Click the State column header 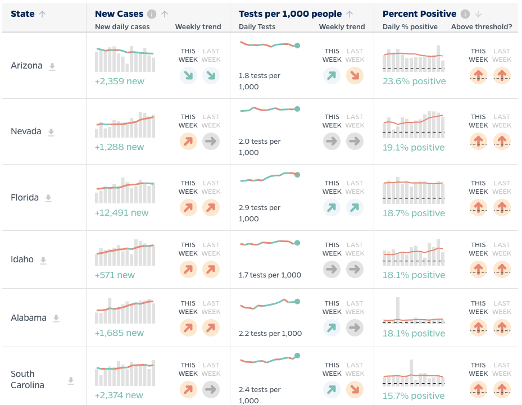click(x=22, y=14)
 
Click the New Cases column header click(x=119, y=14)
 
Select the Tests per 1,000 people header click(x=290, y=14)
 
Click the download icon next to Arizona click(x=52, y=66)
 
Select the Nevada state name click(x=26, y=131)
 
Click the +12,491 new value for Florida click(x=122, y=213)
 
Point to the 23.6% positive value click(x=414, y=81)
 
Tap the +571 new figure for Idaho click(x=115, y=275)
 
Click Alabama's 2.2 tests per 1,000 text click(x=270, y=333)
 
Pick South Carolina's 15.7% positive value click(x=414, y=396)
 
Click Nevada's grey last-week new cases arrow click(x=211, y=141)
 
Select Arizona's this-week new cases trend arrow click(x=188, y=75)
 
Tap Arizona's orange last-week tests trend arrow click(x=355, y=75)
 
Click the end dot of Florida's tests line click(x=297, y=175)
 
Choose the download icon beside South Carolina click(x=71, y=380)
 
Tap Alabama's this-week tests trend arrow click(x=332, y=327)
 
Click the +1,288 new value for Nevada click(x=120, y=147)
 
